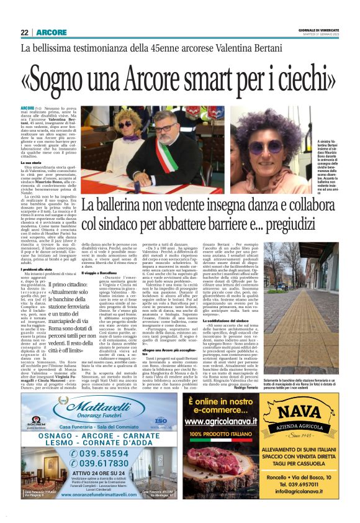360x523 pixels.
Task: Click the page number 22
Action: click(24, 32)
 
